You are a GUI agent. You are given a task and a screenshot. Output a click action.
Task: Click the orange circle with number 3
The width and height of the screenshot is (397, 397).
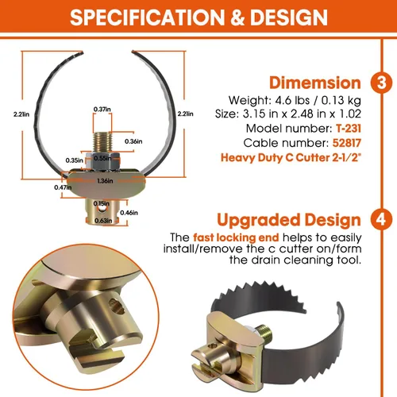click(381, 83)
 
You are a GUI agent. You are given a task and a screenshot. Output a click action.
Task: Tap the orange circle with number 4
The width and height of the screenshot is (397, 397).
click(381, 219)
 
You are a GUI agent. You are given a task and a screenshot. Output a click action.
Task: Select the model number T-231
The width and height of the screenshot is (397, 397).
click(349, 129)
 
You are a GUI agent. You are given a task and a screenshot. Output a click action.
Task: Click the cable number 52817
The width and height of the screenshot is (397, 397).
click(347, 143)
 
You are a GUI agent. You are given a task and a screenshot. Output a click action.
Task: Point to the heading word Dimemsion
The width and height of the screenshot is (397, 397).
click(315, 83)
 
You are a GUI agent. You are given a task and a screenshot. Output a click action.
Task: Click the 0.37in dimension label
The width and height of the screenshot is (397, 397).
click(102, 109)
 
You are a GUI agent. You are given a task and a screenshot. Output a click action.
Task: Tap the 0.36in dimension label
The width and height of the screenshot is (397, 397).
click(133, 141)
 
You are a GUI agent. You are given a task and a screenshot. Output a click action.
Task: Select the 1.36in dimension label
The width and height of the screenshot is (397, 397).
click(105, 181)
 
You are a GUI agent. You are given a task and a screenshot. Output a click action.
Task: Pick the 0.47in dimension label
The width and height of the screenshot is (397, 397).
click(63, 187)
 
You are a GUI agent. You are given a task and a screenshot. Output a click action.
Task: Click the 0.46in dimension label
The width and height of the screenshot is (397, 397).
click(129, 213)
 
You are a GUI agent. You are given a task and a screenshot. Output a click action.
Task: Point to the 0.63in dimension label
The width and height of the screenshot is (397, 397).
click(103, 221)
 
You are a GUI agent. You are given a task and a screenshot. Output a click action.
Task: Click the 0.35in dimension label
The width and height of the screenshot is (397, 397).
click(75, 160)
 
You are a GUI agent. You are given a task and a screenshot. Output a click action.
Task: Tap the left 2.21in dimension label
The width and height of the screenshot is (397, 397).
click(21, 114)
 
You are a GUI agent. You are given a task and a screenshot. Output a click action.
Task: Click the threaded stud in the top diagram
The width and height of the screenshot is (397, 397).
click(102, 142)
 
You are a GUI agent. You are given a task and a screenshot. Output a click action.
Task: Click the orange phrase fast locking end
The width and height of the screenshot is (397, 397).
click(236, 237)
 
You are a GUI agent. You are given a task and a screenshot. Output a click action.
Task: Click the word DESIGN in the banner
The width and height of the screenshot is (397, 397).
click(289, 17)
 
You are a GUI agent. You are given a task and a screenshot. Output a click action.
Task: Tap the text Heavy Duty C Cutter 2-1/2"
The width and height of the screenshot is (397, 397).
click(291, 157)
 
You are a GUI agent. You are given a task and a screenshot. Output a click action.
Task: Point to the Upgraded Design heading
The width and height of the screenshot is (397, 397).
click(289, 220)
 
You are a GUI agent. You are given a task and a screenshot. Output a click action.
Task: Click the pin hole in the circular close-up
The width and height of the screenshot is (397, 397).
click(117, 306)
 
